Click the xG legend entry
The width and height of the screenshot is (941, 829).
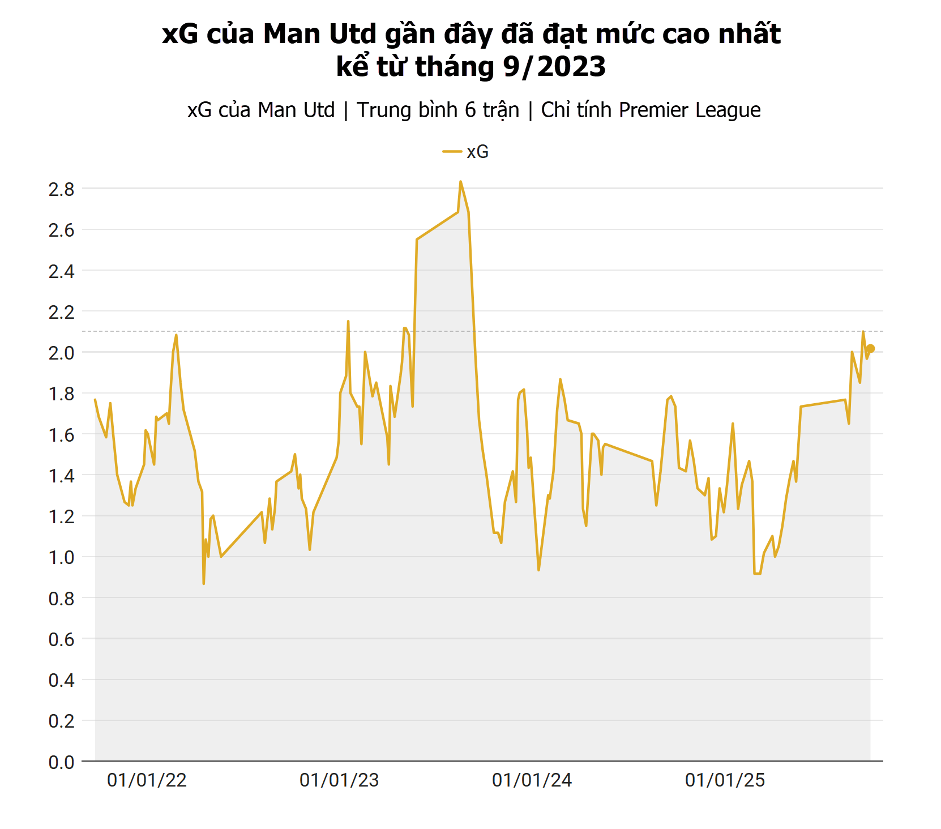point(465,152)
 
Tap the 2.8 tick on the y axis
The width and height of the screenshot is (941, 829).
point(61,189)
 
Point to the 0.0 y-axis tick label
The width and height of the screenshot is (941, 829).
point(61,762)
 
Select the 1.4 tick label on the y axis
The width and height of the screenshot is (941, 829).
point(61,476)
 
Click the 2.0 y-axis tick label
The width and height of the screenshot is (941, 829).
point(61,353)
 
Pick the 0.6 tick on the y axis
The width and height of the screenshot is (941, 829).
point(61,639)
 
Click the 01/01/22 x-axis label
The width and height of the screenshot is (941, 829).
point(147,780)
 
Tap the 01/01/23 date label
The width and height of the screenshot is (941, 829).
point(339,780)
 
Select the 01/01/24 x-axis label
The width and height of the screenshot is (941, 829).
point(532,780)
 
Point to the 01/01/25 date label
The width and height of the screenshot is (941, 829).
point(725,780)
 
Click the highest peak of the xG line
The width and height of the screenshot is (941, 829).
point(460,182)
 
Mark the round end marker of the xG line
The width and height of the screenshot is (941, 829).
point(871,349)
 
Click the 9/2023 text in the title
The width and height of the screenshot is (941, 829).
point(554,67)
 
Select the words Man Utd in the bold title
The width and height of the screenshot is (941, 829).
point(320,34)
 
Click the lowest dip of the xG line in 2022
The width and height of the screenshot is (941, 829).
point(204,583)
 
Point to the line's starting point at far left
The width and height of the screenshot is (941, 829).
point(95,400)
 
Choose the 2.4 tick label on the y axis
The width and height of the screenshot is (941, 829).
point(61,271)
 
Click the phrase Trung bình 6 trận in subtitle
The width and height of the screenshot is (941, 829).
point(438,110)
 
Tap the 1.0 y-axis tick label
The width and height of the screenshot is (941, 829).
point(61,557)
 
